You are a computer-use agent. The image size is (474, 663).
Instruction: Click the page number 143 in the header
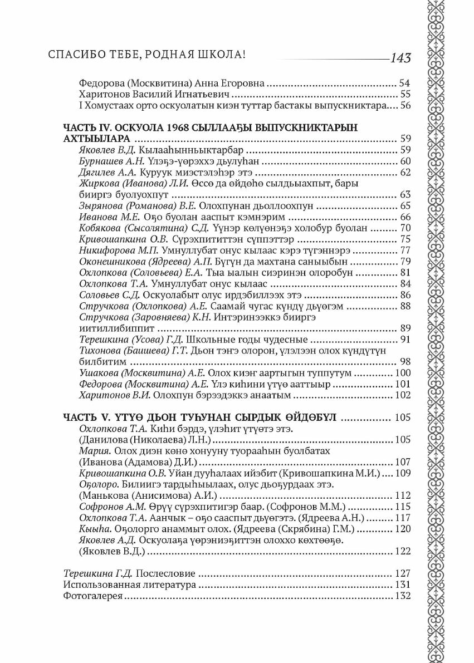pyautogui.click(x=400, y=58)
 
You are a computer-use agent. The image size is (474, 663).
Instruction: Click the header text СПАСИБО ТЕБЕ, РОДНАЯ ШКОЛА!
pyautogui.click(x=148, y=56)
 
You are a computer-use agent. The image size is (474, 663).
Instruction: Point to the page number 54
pyautogui.click(x=405, y=82)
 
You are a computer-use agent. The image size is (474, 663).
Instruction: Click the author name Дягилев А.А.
pyautogui.click(x=104, y=172)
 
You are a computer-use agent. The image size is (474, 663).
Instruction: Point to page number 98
pyautogui.click(x=405, y=362)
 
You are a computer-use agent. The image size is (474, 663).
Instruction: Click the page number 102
pyautogui.click(x=402, y=396)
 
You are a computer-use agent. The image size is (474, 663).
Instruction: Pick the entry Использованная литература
pyautogui.click(x=130, y=585)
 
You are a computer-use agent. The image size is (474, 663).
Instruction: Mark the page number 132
pyautogui.click(x=402, y=596)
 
